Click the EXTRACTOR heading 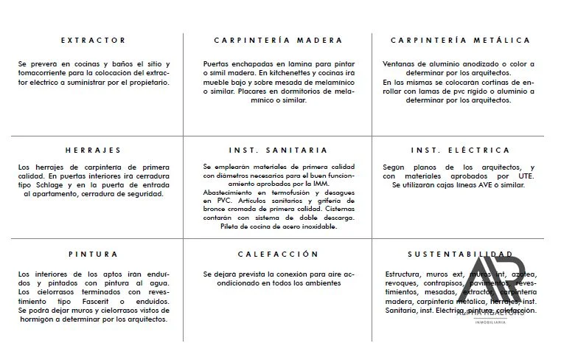(93, 40)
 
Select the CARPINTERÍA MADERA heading (278, 40)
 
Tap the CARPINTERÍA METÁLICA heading (460, 40)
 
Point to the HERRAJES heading (93, 150)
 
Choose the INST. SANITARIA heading (278, 150)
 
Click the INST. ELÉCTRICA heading (460, 150)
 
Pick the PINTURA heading (93, 254)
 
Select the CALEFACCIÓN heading (278, 254)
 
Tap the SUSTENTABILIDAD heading (460, 254)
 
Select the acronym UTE (526, 176)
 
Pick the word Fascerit (85, 302)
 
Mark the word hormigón (36, 319)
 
